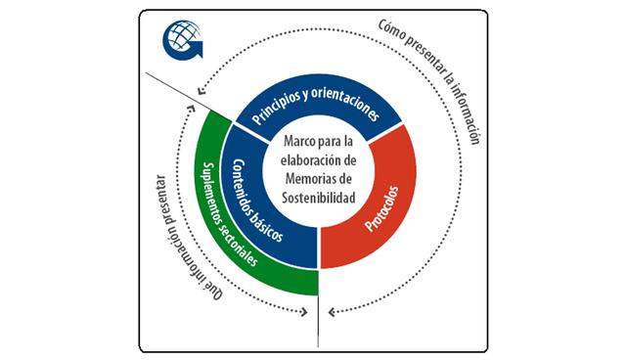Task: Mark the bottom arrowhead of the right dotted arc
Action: (332, 314)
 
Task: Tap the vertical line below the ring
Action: (319, 322)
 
